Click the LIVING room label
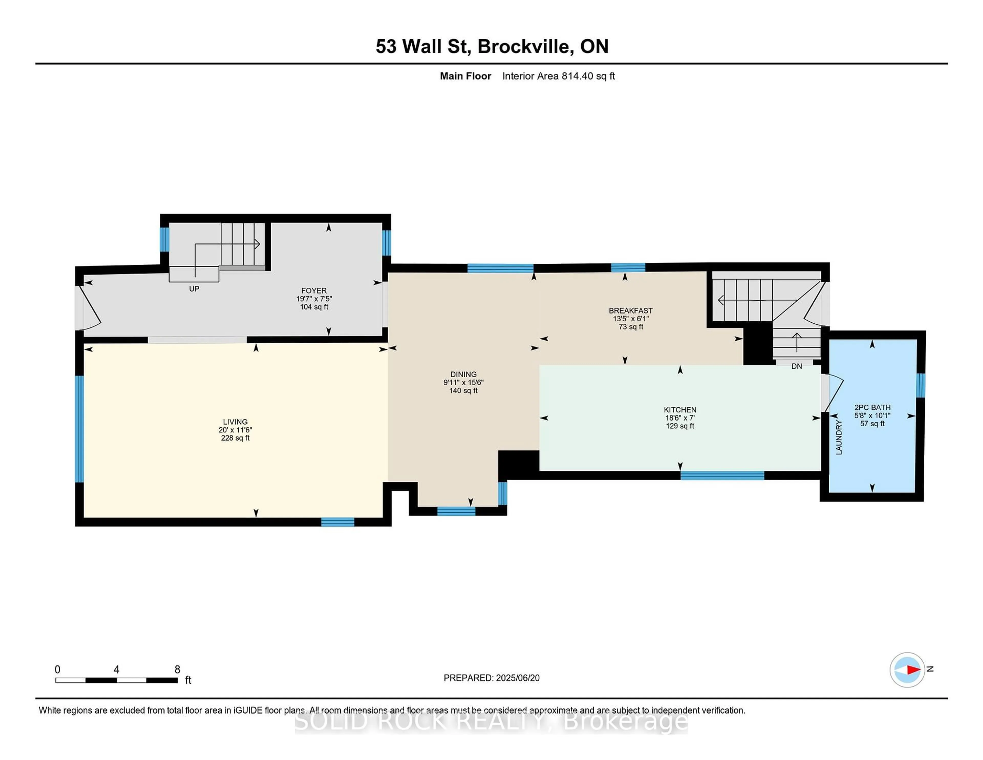pyautogui.click(x=235, y=422)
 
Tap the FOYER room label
pyautogui.click(x=314, y=291)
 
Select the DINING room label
pyautogui.click(x=463, y=374)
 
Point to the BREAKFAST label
pyautogui.click(x=631, y=311)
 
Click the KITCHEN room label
pyautogui.click(x=680, y=410)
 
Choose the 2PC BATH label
pyautogui.click(x=872, y=407)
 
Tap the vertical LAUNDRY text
pyautogui.click(x=839, y=437)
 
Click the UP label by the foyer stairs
pyautogui.click(x=194, y=289)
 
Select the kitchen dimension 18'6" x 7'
pyautogui.click(x=680, y=418)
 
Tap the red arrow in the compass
pyautogui.click(x=913, y=670)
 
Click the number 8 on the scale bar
pyautogui.click(x=177, y=670)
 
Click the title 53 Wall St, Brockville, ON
pyautogui.click(x=492, y=46)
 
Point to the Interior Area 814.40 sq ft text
pyautogui.click(x=559, y=76)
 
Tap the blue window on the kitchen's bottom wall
pyautogui.click(x=722, y=476)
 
